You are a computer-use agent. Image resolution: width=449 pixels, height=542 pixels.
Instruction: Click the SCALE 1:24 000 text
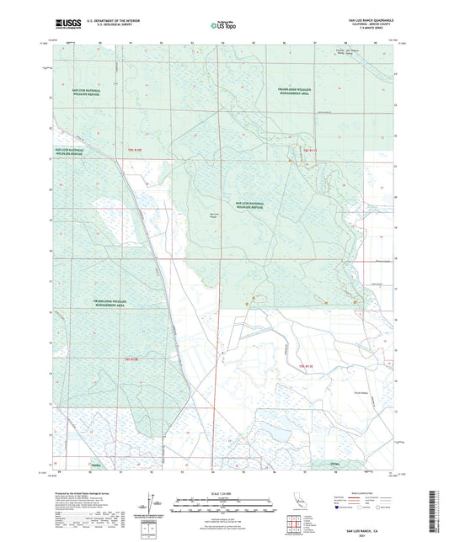point(224,493)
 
